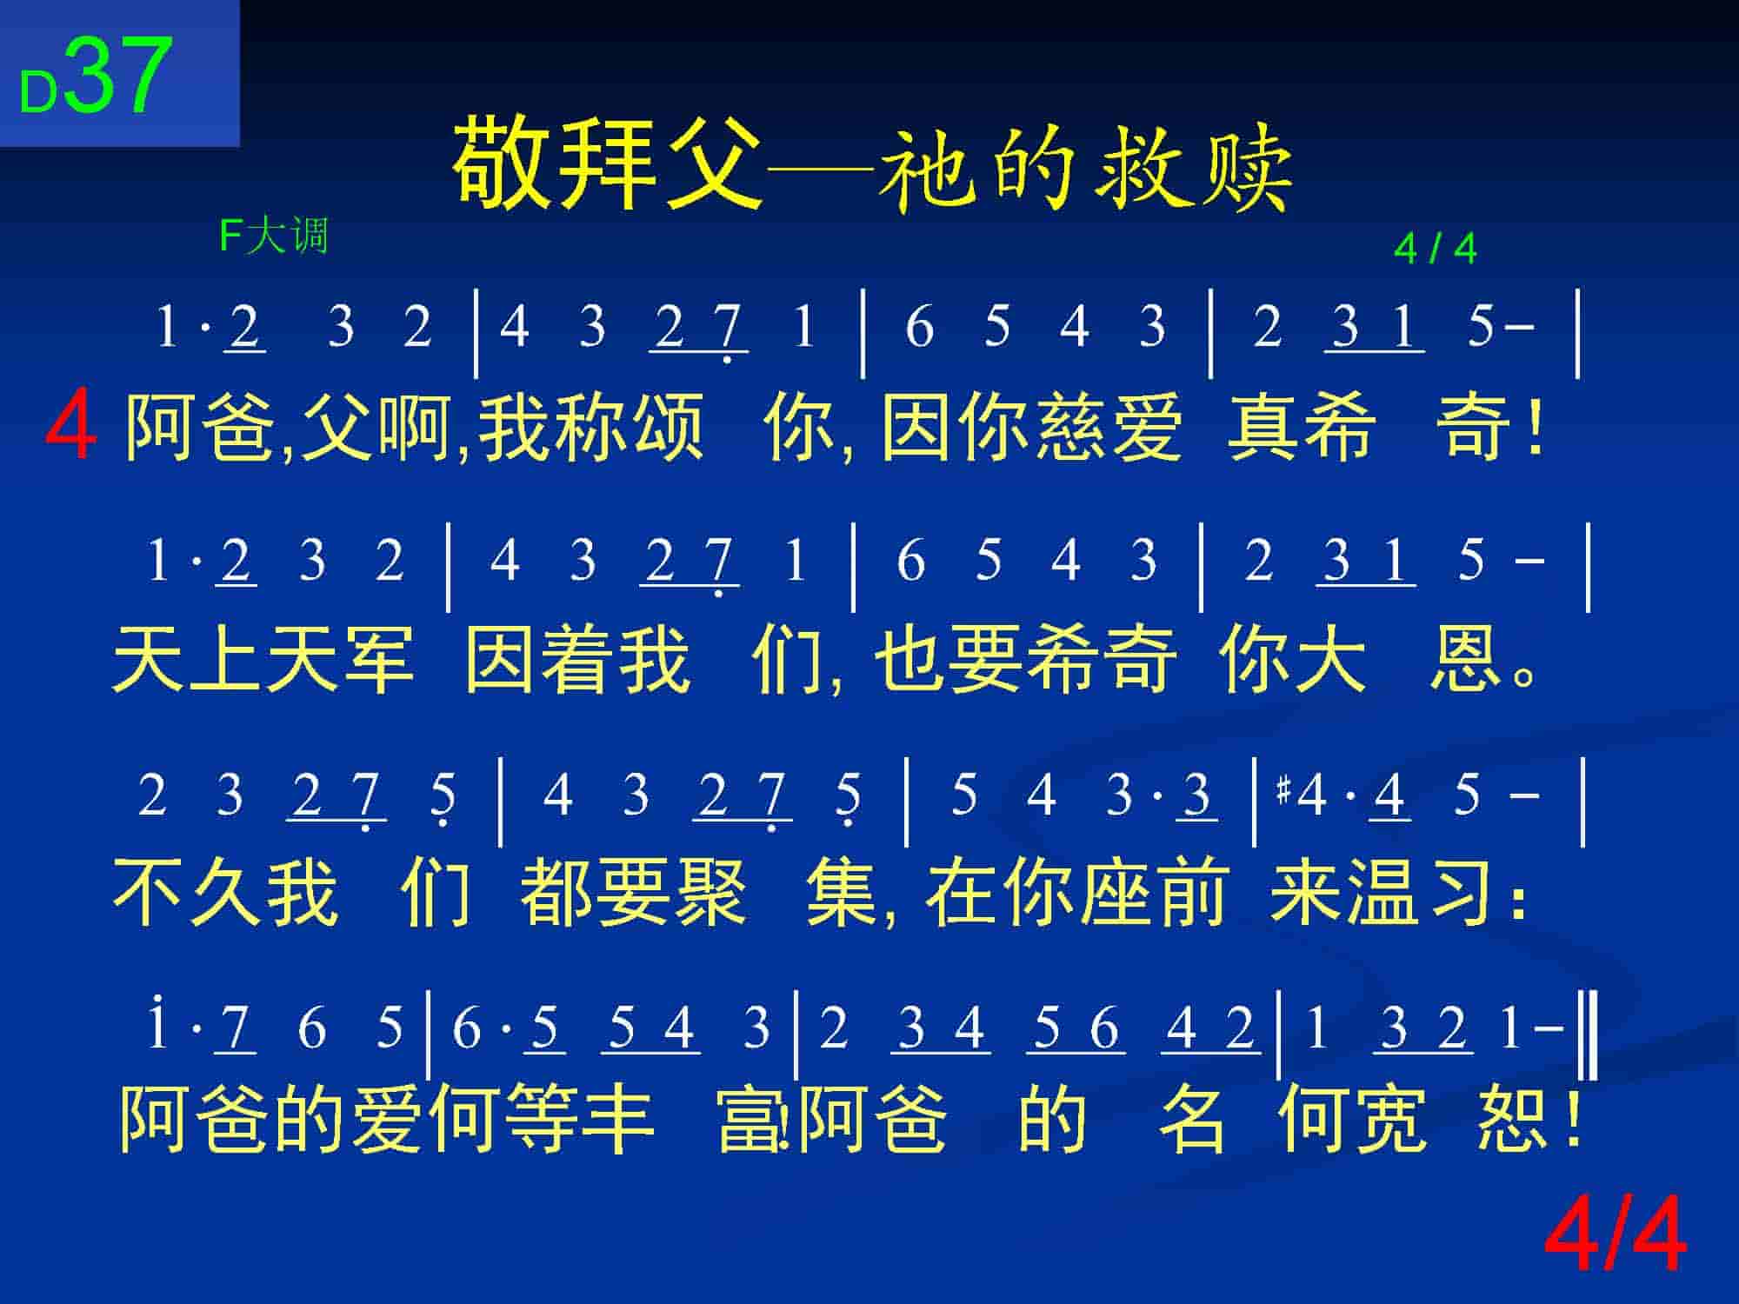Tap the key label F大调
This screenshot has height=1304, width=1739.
pos(274,236)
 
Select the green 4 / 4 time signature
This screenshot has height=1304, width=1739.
pos(1436,249)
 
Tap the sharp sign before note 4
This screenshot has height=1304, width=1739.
pos(1283,792)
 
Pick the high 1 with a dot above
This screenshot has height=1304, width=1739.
pos(157,1025)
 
